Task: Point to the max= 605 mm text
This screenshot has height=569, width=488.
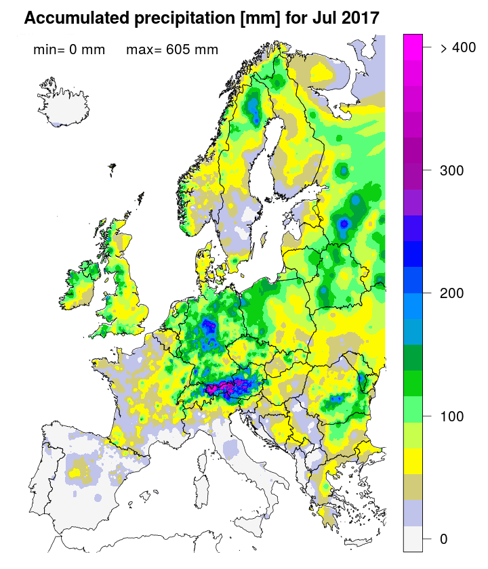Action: tap(172, 49)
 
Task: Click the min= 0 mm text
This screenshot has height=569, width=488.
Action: tap(69, 49)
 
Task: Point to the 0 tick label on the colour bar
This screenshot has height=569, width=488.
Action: tap(444, 539)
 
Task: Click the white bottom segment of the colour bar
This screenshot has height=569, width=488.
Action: tap(413, 539)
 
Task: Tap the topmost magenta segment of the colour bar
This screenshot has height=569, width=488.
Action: tap(413, 41)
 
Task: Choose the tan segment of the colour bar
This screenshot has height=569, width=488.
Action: tap(413, 487)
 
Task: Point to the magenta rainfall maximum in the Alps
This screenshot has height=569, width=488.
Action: tap(222, 389)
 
